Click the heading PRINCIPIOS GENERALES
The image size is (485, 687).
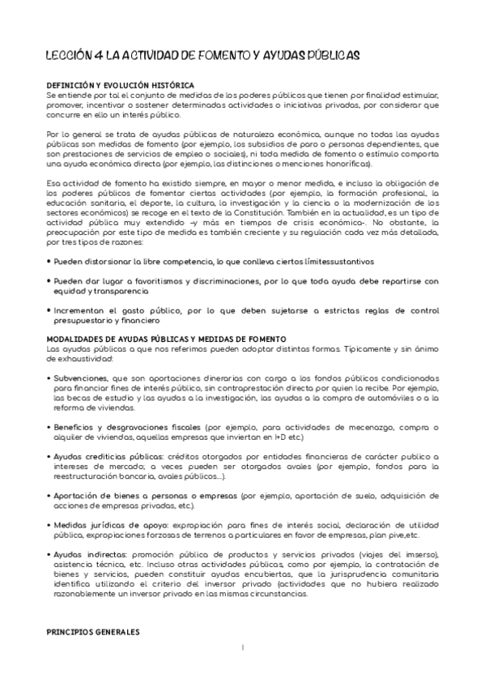click(93, 630)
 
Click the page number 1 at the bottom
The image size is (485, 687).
click(242, 647)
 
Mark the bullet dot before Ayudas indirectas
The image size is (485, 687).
click(48, 553)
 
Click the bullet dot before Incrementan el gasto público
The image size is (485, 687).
click(48, 311)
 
